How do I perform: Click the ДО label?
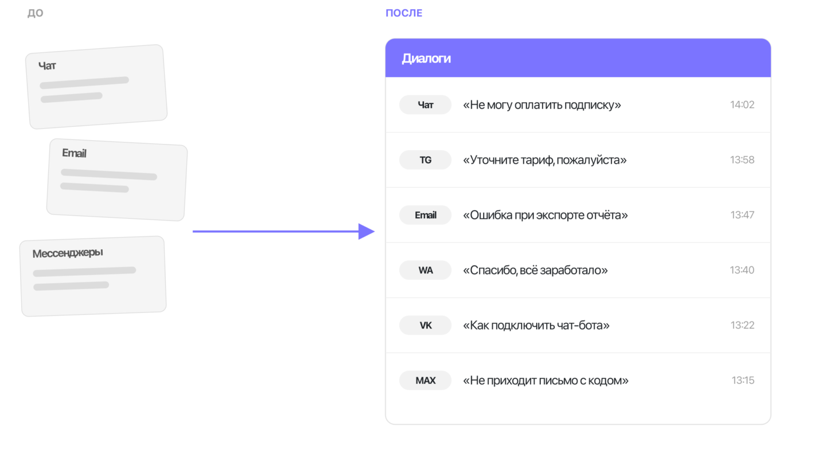[x=36, y=13]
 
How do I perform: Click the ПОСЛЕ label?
[x=404, y=13]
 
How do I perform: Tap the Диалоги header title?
[x=426, y=59]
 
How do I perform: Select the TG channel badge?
[x=425, y=160]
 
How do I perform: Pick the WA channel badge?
[x=425, y=271]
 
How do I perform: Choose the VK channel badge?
[x=425, y=325]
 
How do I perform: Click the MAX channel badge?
[x=425, y=380]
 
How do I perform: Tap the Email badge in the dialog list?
[x=425, y=215]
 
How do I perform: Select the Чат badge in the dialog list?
[x=425, y=105]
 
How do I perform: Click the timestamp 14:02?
[x=742, y=105]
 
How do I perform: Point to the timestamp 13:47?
[x=742, y=215]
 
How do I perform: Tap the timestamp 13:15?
[x=743, y=380]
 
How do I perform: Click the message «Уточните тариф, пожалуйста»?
[x=545, y=160]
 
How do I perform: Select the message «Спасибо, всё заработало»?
[x=535, y=271]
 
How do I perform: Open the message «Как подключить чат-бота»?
[x=536, y=325]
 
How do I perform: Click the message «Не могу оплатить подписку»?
[x=541, y=105]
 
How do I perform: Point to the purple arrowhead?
[x=366, y=231]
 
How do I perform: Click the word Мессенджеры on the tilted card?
[x=68, y=253]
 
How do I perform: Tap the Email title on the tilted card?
[x=74, y=153]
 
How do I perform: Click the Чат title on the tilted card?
[x=47, y=65]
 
